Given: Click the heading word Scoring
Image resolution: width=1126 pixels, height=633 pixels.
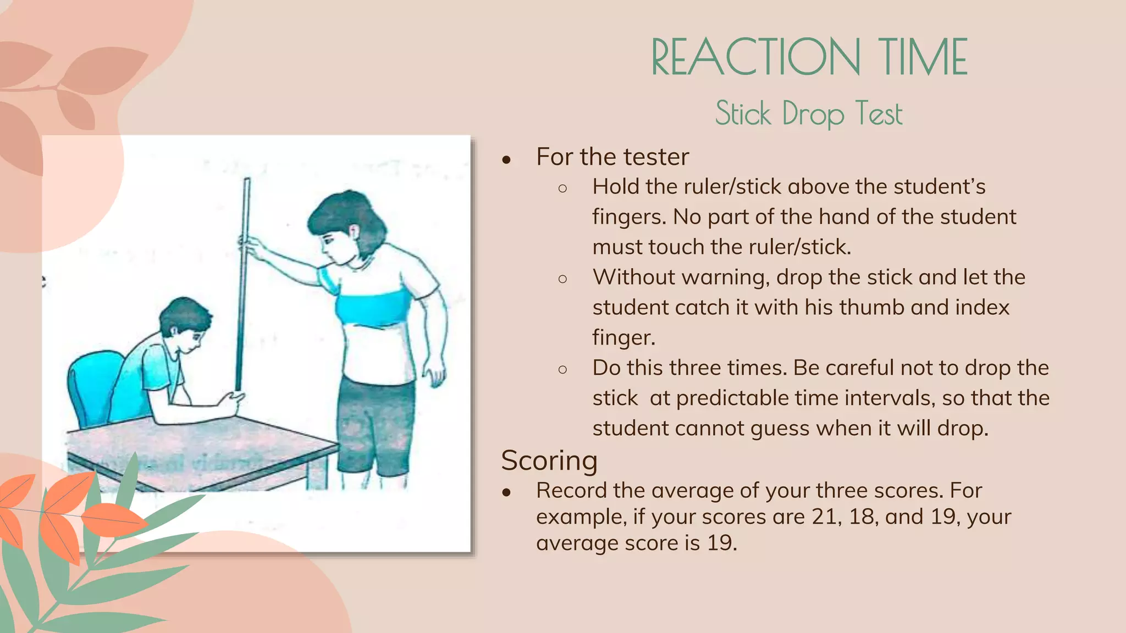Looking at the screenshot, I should [x=549, y=460].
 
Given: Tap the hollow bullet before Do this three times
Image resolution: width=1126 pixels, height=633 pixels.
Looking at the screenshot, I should [x=562, y=369].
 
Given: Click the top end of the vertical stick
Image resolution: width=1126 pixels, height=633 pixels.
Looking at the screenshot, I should [x=247, y=180].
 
